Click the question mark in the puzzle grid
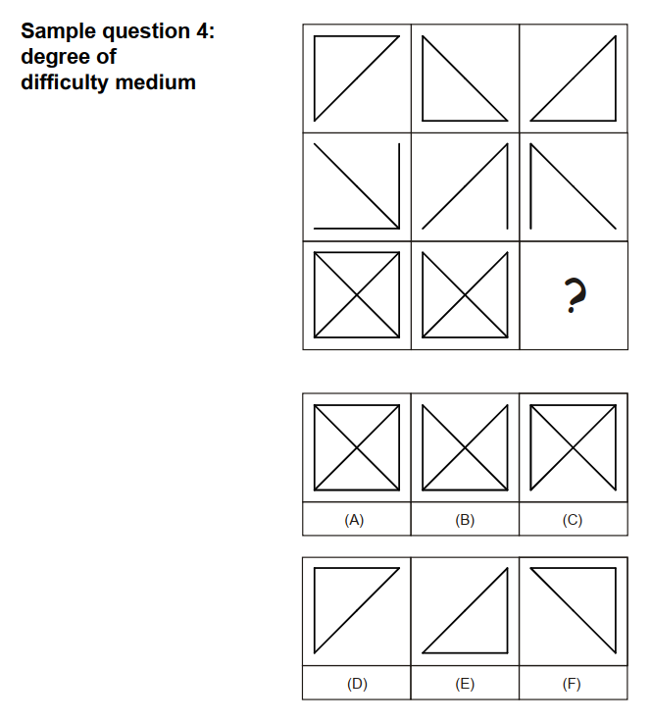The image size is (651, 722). [576, 295]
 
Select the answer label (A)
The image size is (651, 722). [354, 520]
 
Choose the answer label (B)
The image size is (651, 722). [465, 520]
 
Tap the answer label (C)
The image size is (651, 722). [573, 520]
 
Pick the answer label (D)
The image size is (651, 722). [357, 684]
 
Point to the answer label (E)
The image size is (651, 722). [465, 684]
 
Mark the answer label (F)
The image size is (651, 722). [572, 684]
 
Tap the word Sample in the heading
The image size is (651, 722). [59, 32]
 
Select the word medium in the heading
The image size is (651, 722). [156, 82]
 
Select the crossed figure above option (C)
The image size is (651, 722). [574, 447]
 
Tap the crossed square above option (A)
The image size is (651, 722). [357, 447]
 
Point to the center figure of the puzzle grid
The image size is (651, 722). [465, 186]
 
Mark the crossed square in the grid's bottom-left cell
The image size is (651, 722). [357, 294]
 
